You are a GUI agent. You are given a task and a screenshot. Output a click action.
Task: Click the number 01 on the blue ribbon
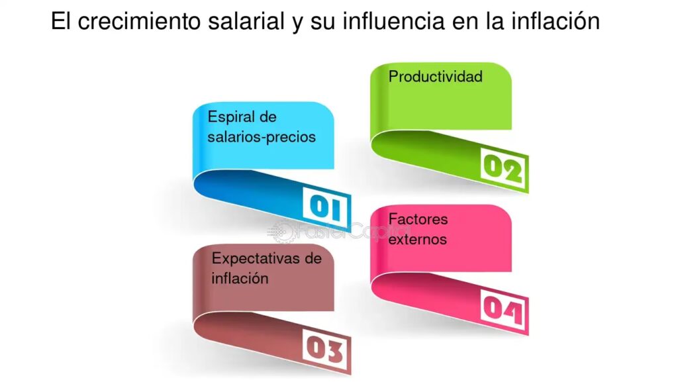coord(326,207)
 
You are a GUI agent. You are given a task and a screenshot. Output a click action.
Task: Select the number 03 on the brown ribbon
coord(326,349)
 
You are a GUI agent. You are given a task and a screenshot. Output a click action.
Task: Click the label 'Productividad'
coord(436,77)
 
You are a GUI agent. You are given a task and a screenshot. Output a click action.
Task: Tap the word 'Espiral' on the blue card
coord(230,117)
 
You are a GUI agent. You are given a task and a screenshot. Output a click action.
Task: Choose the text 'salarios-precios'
coord(262,137)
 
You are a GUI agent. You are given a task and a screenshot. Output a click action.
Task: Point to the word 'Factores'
coord(418,218)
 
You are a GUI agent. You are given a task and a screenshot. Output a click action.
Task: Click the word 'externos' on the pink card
coord(417,239)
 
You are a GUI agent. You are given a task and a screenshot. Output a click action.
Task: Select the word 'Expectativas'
coord(255,259)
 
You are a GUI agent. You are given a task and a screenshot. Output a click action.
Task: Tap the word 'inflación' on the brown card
coord(240,278)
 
